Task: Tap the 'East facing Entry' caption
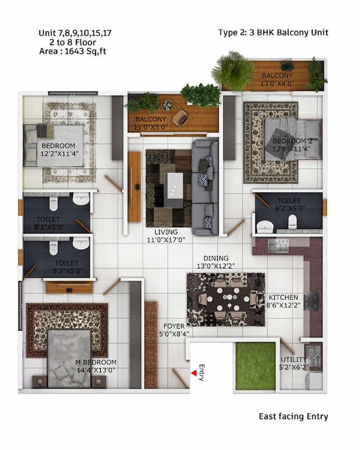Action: (293, 417)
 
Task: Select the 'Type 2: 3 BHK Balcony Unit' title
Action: (273, 33)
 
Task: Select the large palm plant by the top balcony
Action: (232, 71)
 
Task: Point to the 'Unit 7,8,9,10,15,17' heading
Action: (75, 33)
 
